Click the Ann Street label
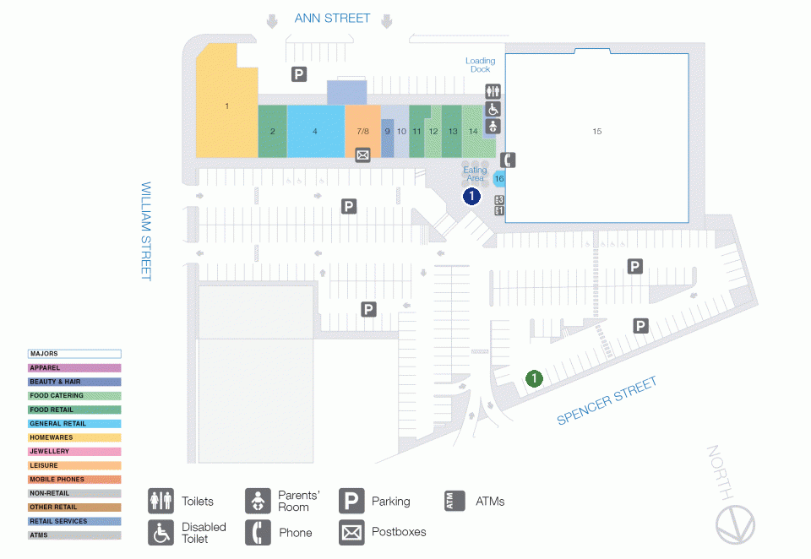[x=331, y=18]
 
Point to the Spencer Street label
[x=607, y=401]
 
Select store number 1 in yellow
[x=226, y=106]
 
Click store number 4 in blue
[x=315, y=131]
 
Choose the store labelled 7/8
[x=362, y=131]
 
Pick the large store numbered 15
[x=596, y=131]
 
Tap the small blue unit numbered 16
[x=499, y=178]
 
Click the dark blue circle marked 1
[x=471, y=196]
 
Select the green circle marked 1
[x=534, y=377]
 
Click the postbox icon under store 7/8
[x=362, y=155]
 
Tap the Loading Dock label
[x=480, y=65]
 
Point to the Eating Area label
[x=475, y=174]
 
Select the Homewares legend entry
[x=74, y=437]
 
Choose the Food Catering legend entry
[x=74, y=395]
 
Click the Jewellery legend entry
[x=74, y=452]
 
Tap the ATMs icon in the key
[x=454, y=501]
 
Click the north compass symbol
[x=732, y=525]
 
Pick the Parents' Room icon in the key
[x=258, y=501]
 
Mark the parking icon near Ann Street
[x=299, y=74]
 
